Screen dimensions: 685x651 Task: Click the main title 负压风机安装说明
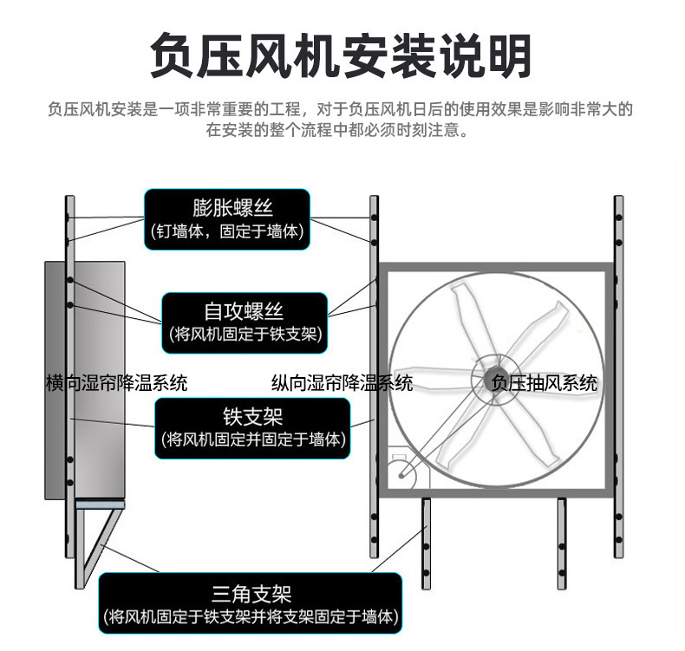341,55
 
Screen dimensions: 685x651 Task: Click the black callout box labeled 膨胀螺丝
227,219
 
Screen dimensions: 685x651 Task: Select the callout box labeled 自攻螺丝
245,321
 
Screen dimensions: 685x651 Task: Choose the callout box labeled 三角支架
251,603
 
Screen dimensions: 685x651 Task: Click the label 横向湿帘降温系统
116,382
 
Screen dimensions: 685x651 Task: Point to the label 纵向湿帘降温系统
342,382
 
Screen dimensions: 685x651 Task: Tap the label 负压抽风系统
545,382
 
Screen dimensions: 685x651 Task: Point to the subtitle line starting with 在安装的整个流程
340,132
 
